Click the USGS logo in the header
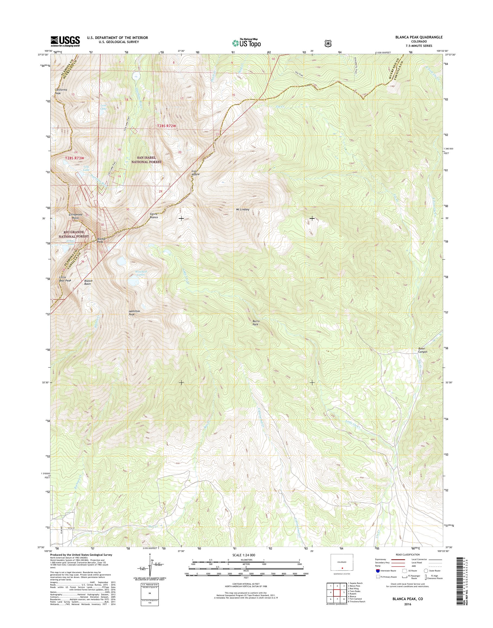[x=65, y=41]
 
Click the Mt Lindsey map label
[x=242, y=210]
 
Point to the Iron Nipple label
[x=196, y=173]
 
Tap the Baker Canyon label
[x=423, y=350]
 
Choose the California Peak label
[x=61, y=91]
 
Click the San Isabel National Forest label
[x=146, y=160]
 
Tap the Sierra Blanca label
[x=154, y=215]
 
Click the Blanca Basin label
[x=88, y=282]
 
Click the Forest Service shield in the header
[x=328, y=43]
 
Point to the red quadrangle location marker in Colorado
[x=342, y=568]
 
